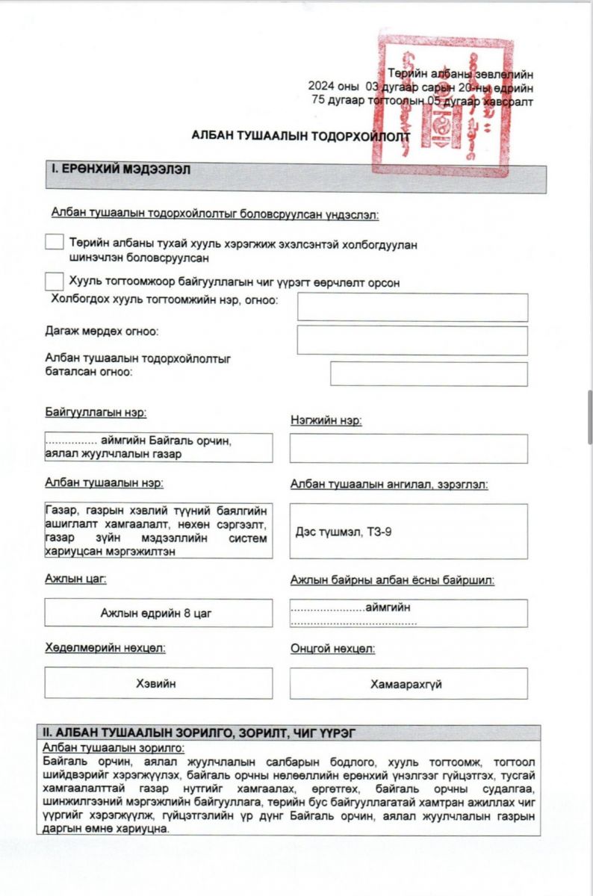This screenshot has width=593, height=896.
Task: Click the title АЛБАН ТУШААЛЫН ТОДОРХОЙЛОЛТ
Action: click(x=301, y=137)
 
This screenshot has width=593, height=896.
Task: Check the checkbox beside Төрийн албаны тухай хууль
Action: click(x=54, y=243)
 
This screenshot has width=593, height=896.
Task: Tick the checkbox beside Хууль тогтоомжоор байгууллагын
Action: click(x=54, y=281)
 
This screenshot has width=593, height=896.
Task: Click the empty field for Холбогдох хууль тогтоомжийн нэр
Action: click(x=412, y=308)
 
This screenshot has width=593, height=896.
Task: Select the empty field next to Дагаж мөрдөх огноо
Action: click(x=412, y=340)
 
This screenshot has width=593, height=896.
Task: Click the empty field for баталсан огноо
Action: click(x=429, y=374)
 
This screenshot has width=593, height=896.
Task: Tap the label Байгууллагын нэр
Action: click(x=96, y=412)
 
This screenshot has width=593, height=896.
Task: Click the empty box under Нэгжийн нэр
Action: click(x=409, y=448)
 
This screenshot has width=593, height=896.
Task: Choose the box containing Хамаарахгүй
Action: click(x=409, y=683)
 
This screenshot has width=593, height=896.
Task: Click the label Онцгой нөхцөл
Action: click(x=333, y=648)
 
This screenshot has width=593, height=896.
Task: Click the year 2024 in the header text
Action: click(x=322, y=87)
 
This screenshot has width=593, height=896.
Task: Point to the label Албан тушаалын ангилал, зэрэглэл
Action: click(x=389, y=485)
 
